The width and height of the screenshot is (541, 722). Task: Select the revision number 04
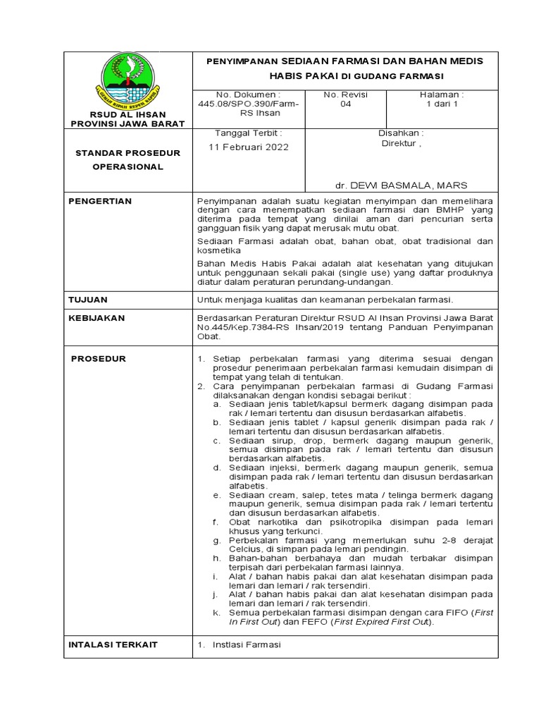(x=340, y=104)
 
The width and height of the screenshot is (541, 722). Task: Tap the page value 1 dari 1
(x=442, y=104)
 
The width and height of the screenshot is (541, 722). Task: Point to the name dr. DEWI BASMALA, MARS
(x=401, y=185)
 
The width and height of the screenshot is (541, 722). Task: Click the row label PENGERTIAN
(x=99, y=202)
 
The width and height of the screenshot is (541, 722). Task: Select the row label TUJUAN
(x=88, y=300)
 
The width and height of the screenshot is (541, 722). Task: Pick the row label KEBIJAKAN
(x=97, y=318)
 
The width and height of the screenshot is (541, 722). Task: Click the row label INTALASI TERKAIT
(x=113, y=644)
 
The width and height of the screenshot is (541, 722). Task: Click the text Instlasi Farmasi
(x=247, y=644)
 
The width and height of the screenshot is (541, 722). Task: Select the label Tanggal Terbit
(x=247, y=133)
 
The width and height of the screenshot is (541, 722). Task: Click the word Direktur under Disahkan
(x=399, y=142)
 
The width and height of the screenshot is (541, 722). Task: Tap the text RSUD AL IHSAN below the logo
(x=128, y=114)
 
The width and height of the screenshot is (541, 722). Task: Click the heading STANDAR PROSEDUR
(x=128, y=153)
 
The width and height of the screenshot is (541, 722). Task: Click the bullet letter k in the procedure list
(x=215, y=613)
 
